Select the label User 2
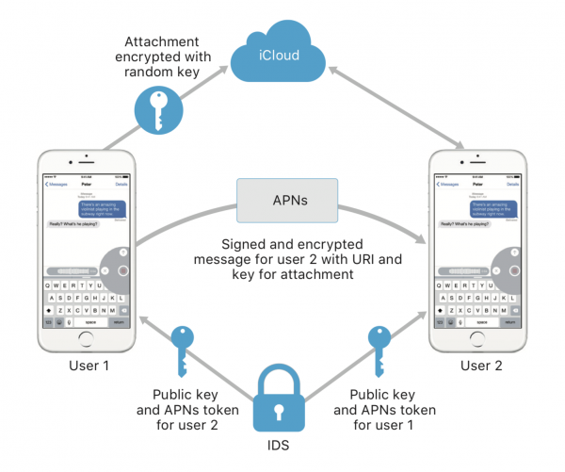pos(480,364)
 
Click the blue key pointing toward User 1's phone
pos(182,348)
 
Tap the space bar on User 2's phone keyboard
pos(483,322)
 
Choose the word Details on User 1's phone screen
pos(121,184)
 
